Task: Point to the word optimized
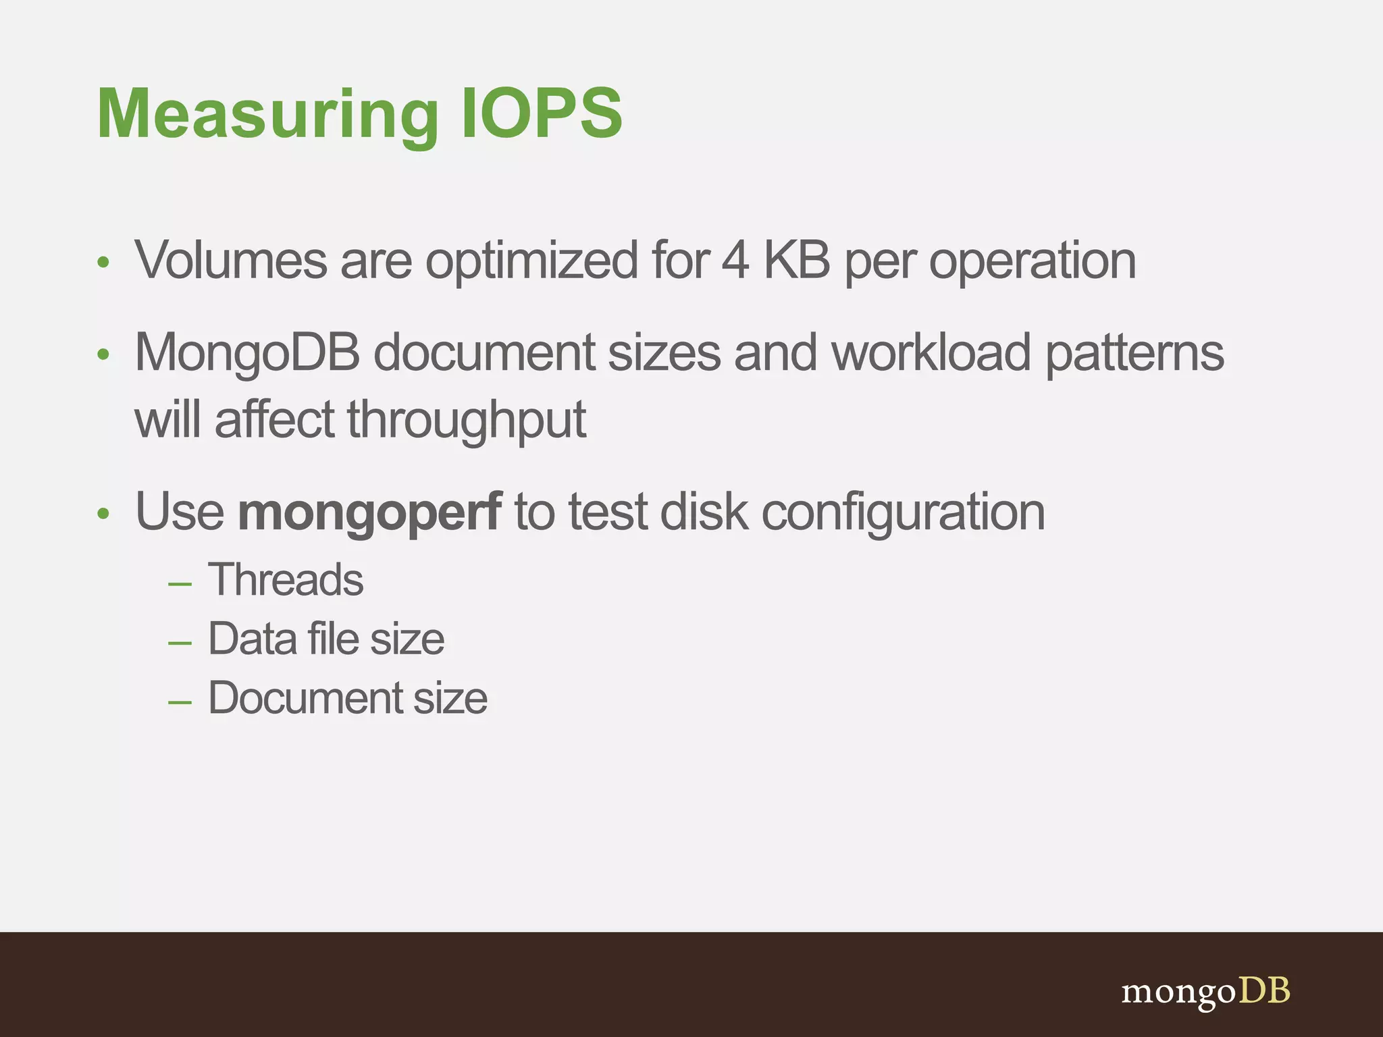[x=531, y=261]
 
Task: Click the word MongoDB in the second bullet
[x=247, y=353]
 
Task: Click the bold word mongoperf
[x=369, y=512]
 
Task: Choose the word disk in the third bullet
[x=704, y=512]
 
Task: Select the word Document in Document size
[x=305, y=697]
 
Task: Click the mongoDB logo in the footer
[x=1205, y=992]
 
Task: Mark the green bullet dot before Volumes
[x=103, y=263]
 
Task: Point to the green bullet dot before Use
[x=103, y=514]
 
